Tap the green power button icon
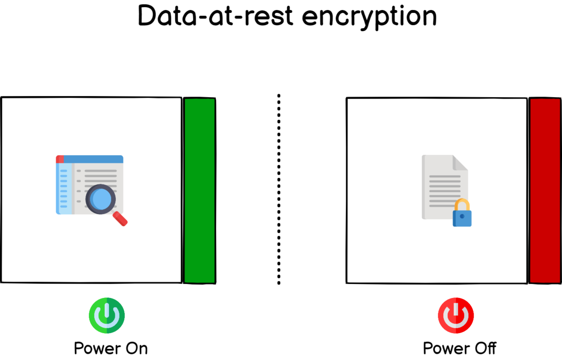[107, 315]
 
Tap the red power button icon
[455, 315]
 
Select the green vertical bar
[199, 190]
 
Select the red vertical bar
[545, 190]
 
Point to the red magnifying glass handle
[121, 219]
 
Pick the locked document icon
[442, 187]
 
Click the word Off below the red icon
[483, 348]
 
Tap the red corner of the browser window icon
[60, 159]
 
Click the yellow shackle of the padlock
[462, 205]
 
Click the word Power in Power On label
[94, 348]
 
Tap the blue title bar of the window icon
[94, 159]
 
